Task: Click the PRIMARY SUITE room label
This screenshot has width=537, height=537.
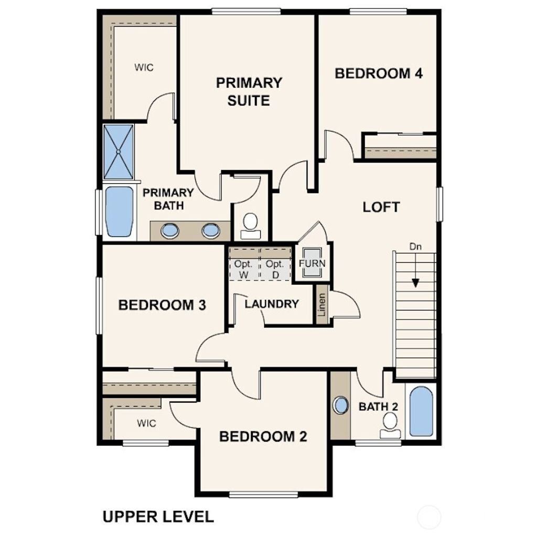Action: coord(249,91)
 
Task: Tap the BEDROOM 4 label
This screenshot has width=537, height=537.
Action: coord(379,73)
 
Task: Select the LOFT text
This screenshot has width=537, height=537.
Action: coord(381,207)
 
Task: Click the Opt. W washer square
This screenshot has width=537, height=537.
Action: coord(244,269)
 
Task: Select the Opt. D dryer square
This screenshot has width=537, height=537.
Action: coord(275,269)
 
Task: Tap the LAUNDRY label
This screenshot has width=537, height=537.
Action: coord(272,304)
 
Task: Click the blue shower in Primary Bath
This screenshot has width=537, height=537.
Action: coord(119,152)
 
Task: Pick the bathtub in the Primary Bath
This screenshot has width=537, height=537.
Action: coord(119,211)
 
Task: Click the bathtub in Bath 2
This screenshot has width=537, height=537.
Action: coord(421,412)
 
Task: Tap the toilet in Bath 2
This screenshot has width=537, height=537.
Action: coord(390,424)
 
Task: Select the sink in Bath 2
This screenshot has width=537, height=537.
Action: coord(341,405)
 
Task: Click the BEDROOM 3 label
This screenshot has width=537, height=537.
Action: coord(162,305)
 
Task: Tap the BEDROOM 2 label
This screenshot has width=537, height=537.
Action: coord(263,436)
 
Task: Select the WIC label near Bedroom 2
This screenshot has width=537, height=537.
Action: coord(147,423)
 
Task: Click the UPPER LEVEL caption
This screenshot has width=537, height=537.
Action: coord(158,517)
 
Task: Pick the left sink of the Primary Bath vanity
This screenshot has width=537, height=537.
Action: coord(170,230)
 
